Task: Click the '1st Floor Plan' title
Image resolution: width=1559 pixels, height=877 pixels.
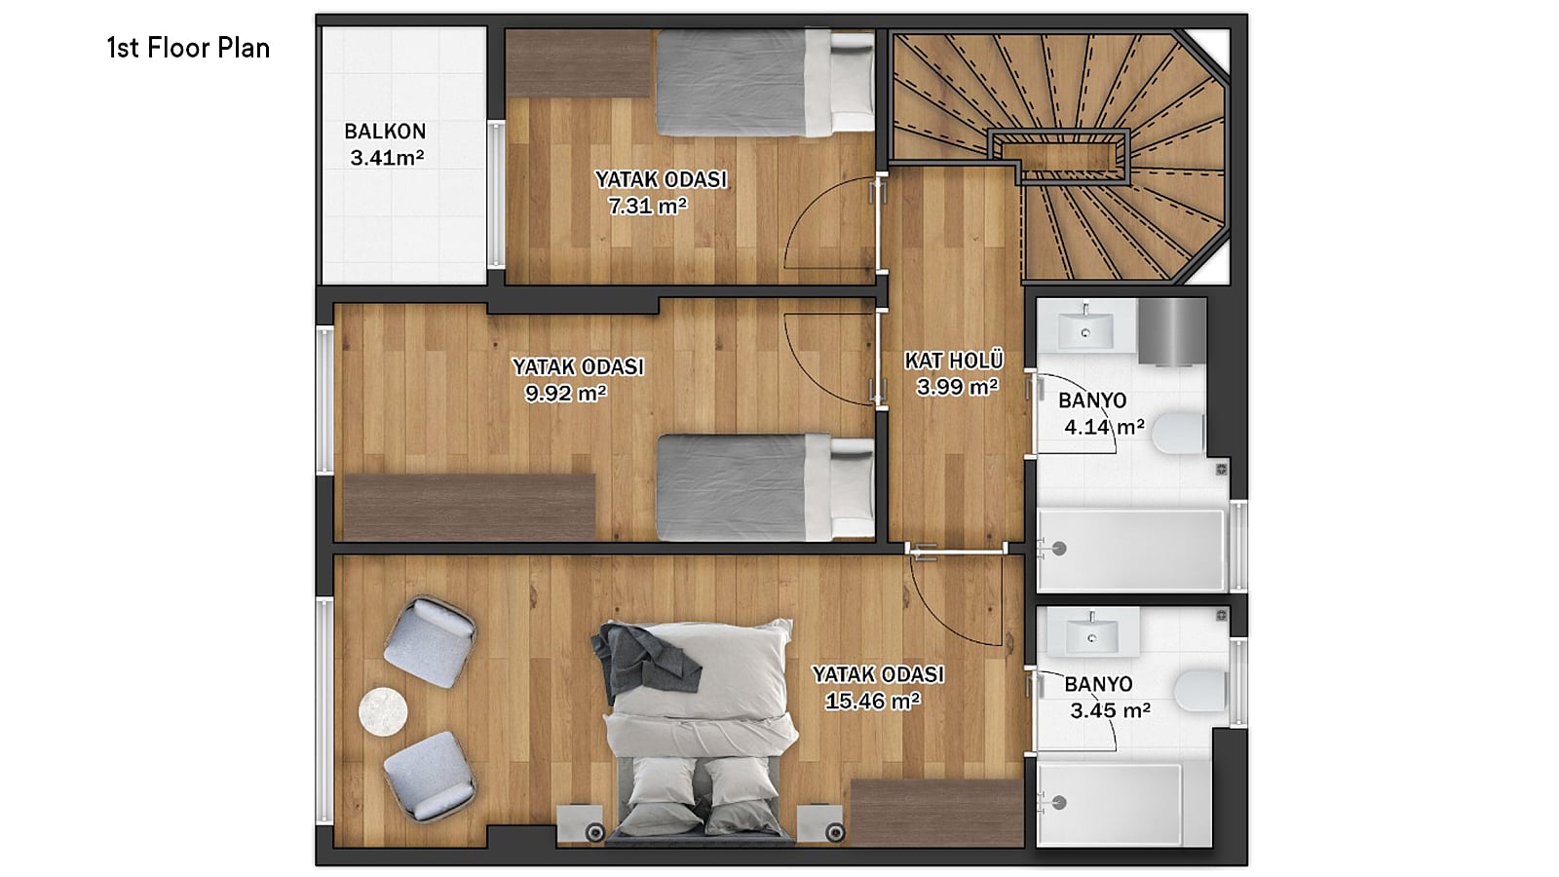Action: (188, 48)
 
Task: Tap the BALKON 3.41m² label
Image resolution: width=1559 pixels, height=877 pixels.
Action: (385, 144)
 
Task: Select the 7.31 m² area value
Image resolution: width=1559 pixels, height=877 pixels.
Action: (648, 206)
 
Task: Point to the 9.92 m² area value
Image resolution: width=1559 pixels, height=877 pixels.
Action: (566, 394)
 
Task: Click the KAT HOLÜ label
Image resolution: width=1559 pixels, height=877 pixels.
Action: (954, 361)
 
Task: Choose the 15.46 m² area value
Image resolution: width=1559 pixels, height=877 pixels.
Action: (873, 701)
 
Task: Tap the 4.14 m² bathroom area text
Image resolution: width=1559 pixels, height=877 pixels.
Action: (1105, 427)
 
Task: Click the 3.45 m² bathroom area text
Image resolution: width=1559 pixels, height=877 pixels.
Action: (1110, 710)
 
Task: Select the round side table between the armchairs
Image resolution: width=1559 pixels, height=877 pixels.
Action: (383, 712)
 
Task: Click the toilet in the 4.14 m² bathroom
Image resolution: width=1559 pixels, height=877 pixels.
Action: (1178, 433)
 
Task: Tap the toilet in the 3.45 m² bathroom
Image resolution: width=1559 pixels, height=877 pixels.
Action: (1200, 691)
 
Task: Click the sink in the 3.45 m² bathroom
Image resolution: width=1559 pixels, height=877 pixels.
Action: (1092, 634)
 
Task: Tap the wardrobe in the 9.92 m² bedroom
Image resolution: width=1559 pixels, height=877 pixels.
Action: (470, 507)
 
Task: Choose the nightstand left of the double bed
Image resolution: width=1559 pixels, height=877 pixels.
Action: (581, 823)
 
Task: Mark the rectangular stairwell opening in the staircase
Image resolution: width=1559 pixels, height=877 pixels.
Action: (1058, 157)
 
